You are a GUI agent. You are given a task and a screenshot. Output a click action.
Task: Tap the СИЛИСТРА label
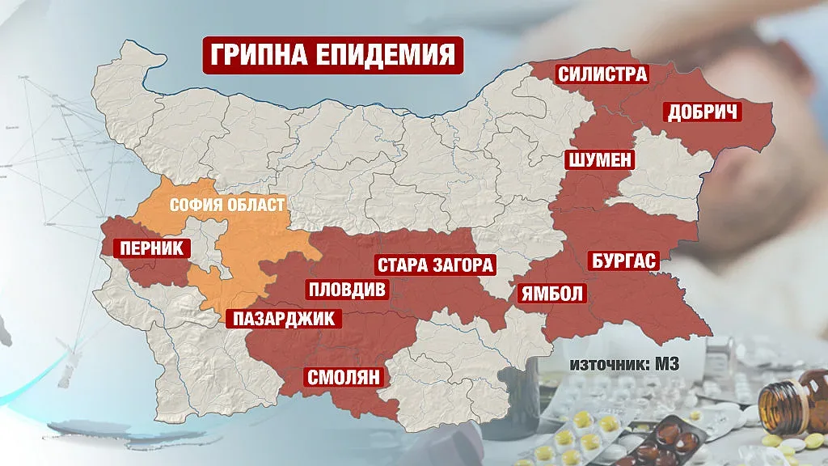pyautogui.click(x=602, y=74)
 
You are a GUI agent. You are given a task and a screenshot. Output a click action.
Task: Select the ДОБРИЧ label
pyautogui.click(x=703, y=112)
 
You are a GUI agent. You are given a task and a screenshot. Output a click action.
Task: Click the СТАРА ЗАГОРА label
pyautogui.click(x=435, y=265)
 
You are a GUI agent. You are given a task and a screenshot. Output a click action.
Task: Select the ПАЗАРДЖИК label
pyautogui.click(x=283, y=318)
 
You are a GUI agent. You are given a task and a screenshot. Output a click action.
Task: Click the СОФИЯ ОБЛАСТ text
pyautogui.click(x=227, y=205)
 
